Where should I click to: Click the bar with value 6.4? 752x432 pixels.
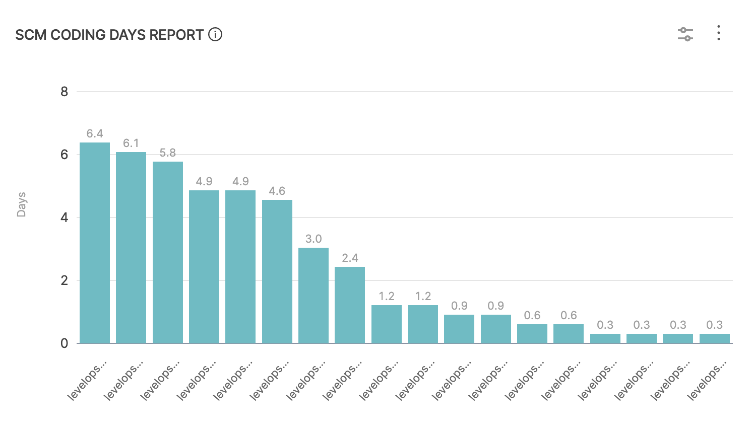[95, 243]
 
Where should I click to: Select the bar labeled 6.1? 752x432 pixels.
[131, 248]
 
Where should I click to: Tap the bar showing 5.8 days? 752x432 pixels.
[168, 252]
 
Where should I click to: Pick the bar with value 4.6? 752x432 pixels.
[277, 271]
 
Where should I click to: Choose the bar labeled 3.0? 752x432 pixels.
[314, 296]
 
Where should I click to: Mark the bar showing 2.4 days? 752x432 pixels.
[350, 305]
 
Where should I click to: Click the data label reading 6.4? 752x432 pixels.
[95, 133]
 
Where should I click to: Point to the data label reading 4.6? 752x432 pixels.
[277, 191]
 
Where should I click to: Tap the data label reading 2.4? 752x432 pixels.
[350, 258]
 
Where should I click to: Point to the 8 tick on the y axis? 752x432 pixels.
[64, 92]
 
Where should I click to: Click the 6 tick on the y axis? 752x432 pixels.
[64, 155]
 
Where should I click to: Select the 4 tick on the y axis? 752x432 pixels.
[64, 218]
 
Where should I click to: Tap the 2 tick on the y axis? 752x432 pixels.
[64, 280]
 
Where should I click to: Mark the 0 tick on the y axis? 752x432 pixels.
[64, 343]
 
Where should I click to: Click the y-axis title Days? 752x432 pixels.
[21, 204]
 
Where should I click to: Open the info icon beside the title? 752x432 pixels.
[215, 35]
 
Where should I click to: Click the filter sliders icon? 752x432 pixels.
[685, 34]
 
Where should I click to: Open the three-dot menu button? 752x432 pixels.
[719, 33]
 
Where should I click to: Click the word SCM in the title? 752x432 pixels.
[31, 35]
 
